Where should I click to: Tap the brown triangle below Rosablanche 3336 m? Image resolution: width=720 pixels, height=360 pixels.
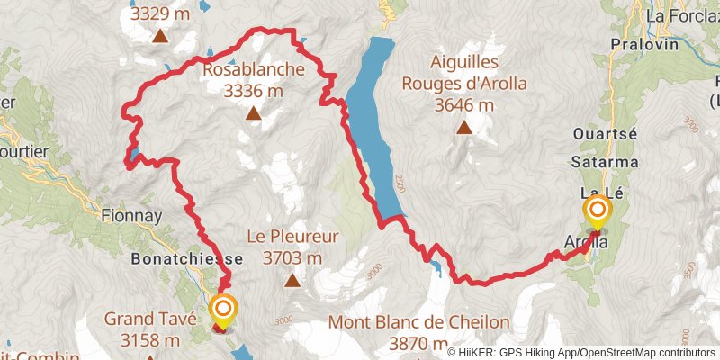click(255, 114)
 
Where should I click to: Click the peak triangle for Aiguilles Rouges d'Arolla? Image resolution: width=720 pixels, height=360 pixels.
click(464, 128)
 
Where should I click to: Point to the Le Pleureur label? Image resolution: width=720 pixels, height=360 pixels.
click(292, 238)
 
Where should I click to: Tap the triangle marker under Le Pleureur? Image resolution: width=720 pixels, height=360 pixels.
click(292, 281)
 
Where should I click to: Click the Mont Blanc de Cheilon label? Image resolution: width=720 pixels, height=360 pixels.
click(419, 322)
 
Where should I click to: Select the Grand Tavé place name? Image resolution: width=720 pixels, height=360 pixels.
click(142, 319)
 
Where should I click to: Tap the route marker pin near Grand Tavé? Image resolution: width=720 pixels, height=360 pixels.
click(223, 311)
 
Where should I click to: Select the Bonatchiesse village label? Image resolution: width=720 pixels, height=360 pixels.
click(175, 258)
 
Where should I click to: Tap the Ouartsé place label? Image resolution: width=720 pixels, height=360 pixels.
click(605, 134)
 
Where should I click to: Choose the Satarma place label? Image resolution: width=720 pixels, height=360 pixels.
click(604, 163)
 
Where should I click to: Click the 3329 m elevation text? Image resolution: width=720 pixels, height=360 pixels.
click(159, 13)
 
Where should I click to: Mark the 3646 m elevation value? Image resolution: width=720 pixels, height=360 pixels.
click(464, 105)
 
